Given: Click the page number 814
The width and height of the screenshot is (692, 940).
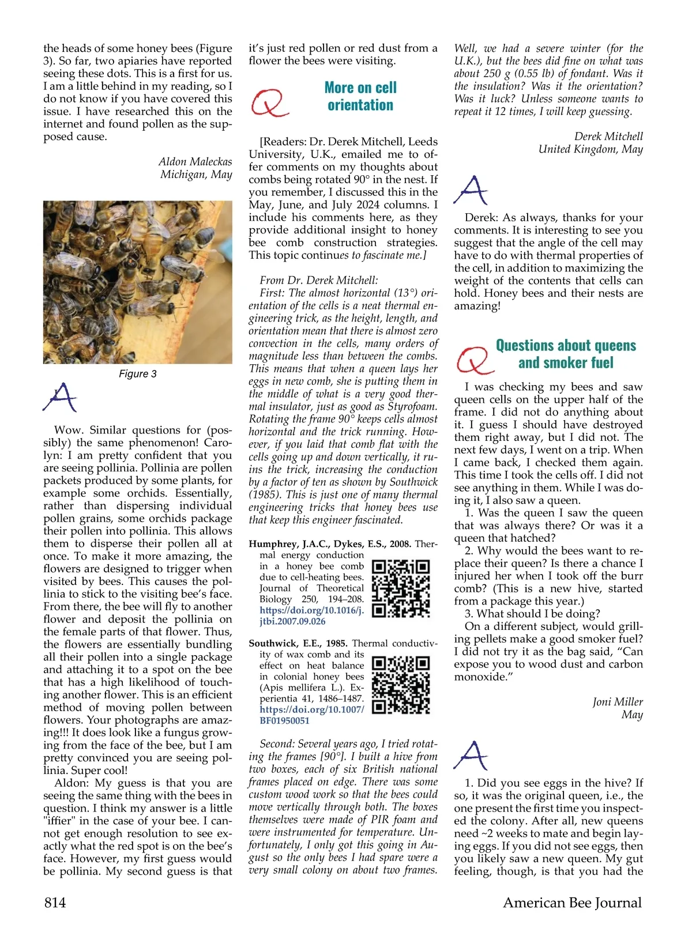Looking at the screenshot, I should pos(55,903).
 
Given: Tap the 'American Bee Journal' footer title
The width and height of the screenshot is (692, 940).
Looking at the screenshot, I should pos(572,903).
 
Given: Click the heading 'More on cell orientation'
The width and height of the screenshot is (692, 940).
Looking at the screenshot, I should pos(360,96).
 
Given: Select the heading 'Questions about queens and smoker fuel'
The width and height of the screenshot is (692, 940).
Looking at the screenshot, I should pos(566,354).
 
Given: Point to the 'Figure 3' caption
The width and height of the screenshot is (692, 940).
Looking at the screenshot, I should pos(137,374).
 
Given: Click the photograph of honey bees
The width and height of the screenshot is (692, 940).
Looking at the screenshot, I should pos(137,282).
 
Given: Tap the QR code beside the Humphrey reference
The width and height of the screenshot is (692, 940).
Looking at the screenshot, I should pos(401,588).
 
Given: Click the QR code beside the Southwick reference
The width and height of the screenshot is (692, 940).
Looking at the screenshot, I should pos(401,685).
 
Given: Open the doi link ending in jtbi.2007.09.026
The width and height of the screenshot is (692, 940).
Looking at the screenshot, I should pos(311,616).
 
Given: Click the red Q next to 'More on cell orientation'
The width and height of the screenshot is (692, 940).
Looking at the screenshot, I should pos(269,103).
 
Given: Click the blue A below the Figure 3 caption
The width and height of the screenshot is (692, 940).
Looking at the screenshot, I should pos(60,397).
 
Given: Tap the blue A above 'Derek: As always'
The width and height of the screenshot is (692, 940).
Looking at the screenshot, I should pos(471,190).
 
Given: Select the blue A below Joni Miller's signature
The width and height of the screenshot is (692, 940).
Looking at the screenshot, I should pos(471,756).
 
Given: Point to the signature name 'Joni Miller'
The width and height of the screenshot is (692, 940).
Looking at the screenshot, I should pos(617,702).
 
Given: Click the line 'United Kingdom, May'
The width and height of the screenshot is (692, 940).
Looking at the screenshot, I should pos(591,149).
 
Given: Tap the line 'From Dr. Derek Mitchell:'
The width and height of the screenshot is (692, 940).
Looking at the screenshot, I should pos(319,281).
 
